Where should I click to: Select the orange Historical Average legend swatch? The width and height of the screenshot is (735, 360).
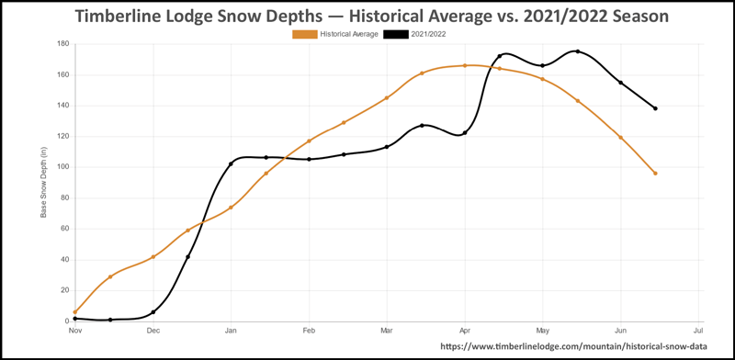304,34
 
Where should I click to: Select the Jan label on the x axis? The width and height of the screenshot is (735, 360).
231,330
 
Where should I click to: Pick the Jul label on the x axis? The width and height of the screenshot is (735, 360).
698,330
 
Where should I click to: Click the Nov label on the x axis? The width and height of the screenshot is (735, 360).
74,330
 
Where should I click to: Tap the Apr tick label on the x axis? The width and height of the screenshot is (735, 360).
465,330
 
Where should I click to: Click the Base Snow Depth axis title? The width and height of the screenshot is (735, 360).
42,183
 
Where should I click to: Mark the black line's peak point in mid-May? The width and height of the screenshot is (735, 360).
578,51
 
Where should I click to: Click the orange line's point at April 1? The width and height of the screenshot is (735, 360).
465,65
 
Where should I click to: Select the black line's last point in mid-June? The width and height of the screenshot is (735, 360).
655,108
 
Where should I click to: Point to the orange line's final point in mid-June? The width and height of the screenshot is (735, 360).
655,174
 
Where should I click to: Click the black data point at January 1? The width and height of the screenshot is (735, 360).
231,164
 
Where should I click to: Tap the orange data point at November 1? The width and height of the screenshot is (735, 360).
75,312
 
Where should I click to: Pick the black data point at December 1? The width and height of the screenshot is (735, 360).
153,312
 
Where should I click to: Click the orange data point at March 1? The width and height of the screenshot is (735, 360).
387,97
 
